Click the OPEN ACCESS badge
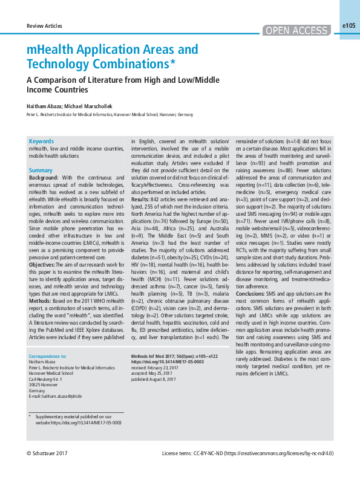(297, 31)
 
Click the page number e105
(349, 26)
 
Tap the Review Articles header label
(45, 27)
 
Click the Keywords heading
(41, 141)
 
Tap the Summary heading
(41, 170)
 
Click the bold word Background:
(44, 178)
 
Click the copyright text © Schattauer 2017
(47, 453)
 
